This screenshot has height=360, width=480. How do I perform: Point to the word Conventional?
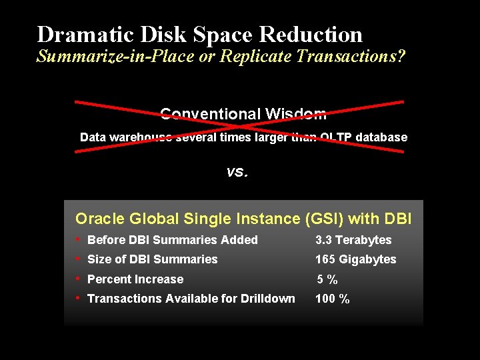[210, 114]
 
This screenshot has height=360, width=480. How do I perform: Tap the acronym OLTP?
[337, 137]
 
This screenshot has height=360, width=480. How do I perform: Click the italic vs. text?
[237, 172]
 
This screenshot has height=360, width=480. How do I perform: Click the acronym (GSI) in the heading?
[322, 219]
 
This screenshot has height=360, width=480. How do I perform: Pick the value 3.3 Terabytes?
[353, 240]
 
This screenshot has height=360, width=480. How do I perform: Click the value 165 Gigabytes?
[355, 259]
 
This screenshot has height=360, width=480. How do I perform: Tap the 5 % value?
[327, 279]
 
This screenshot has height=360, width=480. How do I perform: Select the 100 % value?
[332, 299]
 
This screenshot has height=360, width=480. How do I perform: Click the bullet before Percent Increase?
[79, 278]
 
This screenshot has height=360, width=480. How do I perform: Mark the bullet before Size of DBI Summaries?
[79, 258]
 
